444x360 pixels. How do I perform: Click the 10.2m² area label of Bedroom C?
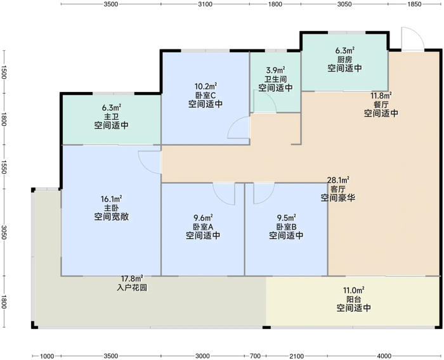(x=206, y=86)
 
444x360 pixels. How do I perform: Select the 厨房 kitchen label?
(x=344, y=59)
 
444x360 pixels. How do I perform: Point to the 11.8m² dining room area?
(x=381, y=96)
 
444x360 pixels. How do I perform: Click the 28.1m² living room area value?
(x=337, y=180)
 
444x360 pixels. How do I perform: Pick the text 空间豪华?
(x=337, y=198)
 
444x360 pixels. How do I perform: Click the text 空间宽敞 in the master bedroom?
(x=111, y=217)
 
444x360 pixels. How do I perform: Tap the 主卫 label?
(x=111, y=117)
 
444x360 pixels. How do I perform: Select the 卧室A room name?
(x=203, y=226)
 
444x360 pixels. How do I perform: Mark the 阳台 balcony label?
(x=354, y=299)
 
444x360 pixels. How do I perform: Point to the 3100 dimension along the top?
(x=205, y=4)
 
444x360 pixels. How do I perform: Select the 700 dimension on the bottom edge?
(x=255, y=356)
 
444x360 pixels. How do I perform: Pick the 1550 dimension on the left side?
(x=4, y=167)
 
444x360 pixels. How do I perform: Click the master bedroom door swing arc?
(x=149, y=163)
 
